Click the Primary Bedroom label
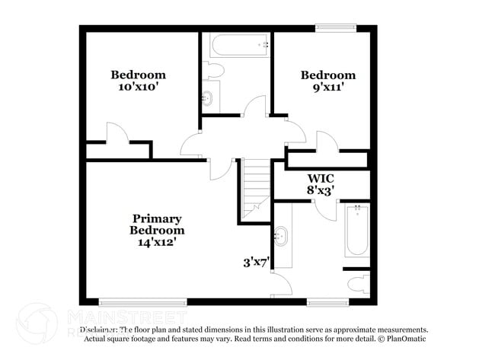tap(156, 224)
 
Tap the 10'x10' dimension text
tap(138, 87)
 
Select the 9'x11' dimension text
tap(327, 87)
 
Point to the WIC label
tap(321, 178)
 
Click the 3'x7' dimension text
tap(257, 263)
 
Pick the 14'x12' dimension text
tap(156, 243)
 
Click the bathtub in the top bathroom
tap(241, 44)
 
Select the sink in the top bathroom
tap(208, 97)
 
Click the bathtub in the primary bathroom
tap(356, 230)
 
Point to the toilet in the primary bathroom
tap(359, 284)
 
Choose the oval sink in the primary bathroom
tap(282, 236)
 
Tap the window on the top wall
tap(336, 29)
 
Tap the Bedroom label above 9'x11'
tap(327, 75)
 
